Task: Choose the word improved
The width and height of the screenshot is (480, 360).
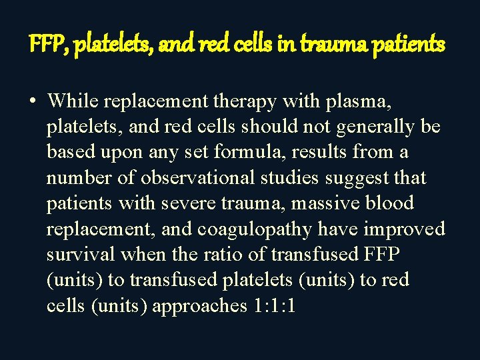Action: pyautogui.click(x=403, y=229)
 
